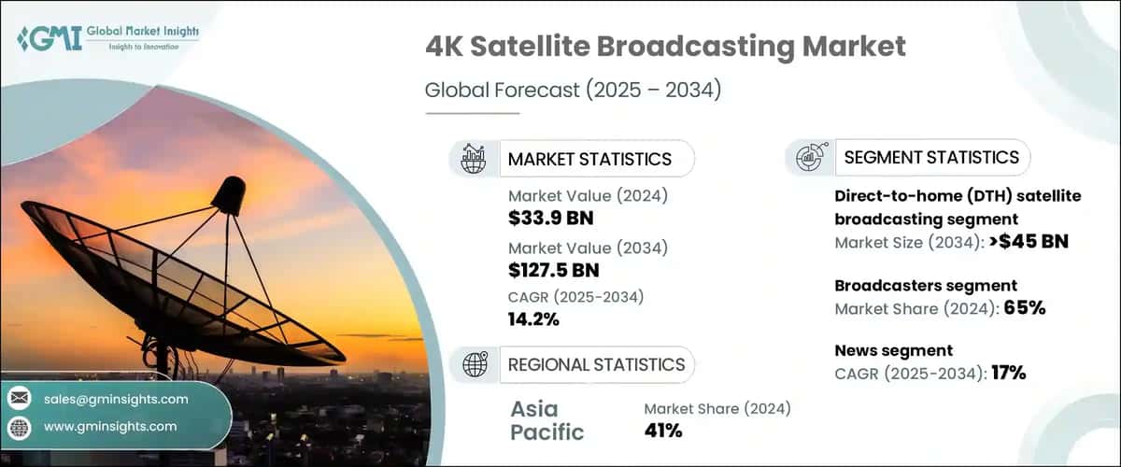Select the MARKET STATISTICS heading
coord(589,159)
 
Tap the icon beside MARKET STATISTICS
coord(474,159)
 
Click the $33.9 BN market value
coord(551,219)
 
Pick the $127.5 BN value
coord(554,270)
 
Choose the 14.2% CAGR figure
coord(534,319)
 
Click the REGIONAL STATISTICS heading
coord(596,364)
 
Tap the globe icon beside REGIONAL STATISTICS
coord(474,364)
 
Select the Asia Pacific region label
coord(547,420)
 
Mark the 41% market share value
coord(663,431)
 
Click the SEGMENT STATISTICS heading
coord(931,157)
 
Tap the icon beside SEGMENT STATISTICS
coord(809,158)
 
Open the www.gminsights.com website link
coord(109,427)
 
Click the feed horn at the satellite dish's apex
coord(227,194)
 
